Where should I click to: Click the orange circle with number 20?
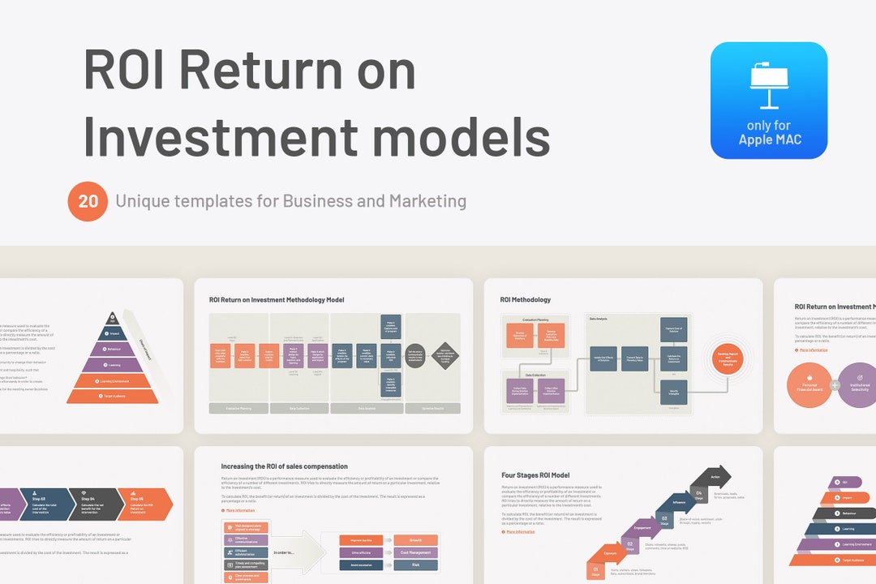click(x=88, y=201)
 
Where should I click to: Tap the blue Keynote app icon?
click(x=768, y=100)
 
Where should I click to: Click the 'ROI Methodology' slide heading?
click(x=526, y=300)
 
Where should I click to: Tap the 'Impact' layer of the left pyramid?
click(x=114, y=333)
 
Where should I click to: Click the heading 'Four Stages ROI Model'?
click(x=535, y=475)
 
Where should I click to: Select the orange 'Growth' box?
click(x=414, y=540)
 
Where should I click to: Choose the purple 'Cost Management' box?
click(x=414, y=552)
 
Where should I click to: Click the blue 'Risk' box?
click(x=414, y=565)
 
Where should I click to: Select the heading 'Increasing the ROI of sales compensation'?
click(x=284, y=466)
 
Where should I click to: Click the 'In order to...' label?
click(x=285, y=552)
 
